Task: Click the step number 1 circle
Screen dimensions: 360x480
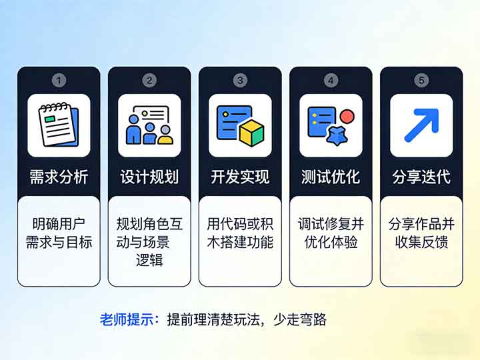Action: click(59, 81)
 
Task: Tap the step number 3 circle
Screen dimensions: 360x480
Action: click(240, 81)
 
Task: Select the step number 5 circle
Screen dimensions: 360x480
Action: click(421, 81)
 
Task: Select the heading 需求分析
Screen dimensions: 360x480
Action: click(59, 177)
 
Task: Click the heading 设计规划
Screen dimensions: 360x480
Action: click(149, 177)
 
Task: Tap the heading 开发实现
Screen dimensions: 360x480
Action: click(240, 177)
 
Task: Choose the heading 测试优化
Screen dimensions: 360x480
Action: click(331, 177)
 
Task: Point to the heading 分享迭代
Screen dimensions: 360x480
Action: click(421, 177)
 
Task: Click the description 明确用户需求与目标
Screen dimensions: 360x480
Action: click(59, 233)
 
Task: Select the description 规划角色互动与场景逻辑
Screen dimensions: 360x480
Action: click(149, 241)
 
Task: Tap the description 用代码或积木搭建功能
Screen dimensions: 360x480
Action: click(240, 233)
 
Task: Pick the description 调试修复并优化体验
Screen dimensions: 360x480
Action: click(331, 233)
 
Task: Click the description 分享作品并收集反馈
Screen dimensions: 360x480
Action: click(421, 233)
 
